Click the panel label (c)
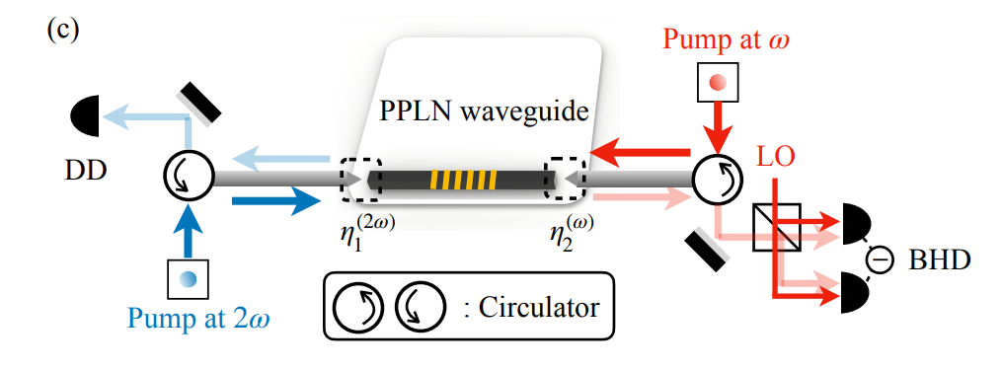tap(62, 29)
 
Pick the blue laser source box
tap(187, 277)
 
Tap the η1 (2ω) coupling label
tap(366, 236)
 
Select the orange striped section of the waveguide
tap(461, 180)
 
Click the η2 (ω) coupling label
tap(572, 236)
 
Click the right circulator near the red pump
tap(715, 179)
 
